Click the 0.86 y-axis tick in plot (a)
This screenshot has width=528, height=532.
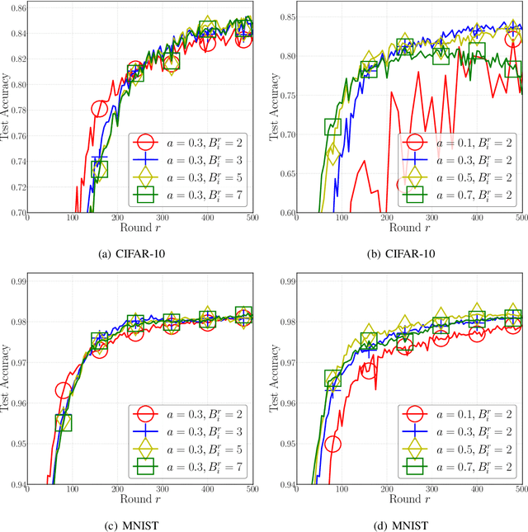pyautogui.click(x=16, y=7)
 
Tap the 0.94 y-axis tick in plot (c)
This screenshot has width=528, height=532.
pyautogui.click(x=16, y=484)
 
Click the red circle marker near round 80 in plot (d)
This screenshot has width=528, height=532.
pyautogui.click(x=332, y=445)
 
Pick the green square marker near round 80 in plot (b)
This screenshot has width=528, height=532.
pyautogui.click(x=332, y=127)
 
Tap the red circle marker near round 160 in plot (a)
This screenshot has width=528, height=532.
pyautogui.click(x=100, y=108)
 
